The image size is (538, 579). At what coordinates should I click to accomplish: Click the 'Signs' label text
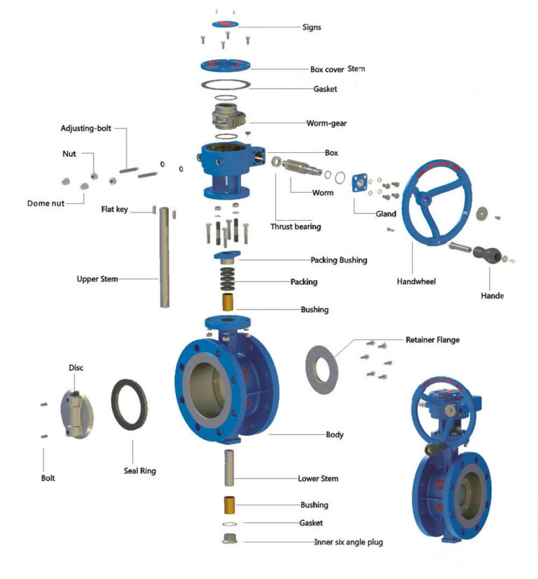[x=312, y=27]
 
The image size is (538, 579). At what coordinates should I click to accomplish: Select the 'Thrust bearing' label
[x=296, y=226]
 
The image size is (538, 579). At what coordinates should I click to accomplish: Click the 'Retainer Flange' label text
[x=432, y=340]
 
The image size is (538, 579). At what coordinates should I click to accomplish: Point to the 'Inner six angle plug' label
[x=348, y=541]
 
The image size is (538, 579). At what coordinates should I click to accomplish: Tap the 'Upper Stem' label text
[x=97, y=279]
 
